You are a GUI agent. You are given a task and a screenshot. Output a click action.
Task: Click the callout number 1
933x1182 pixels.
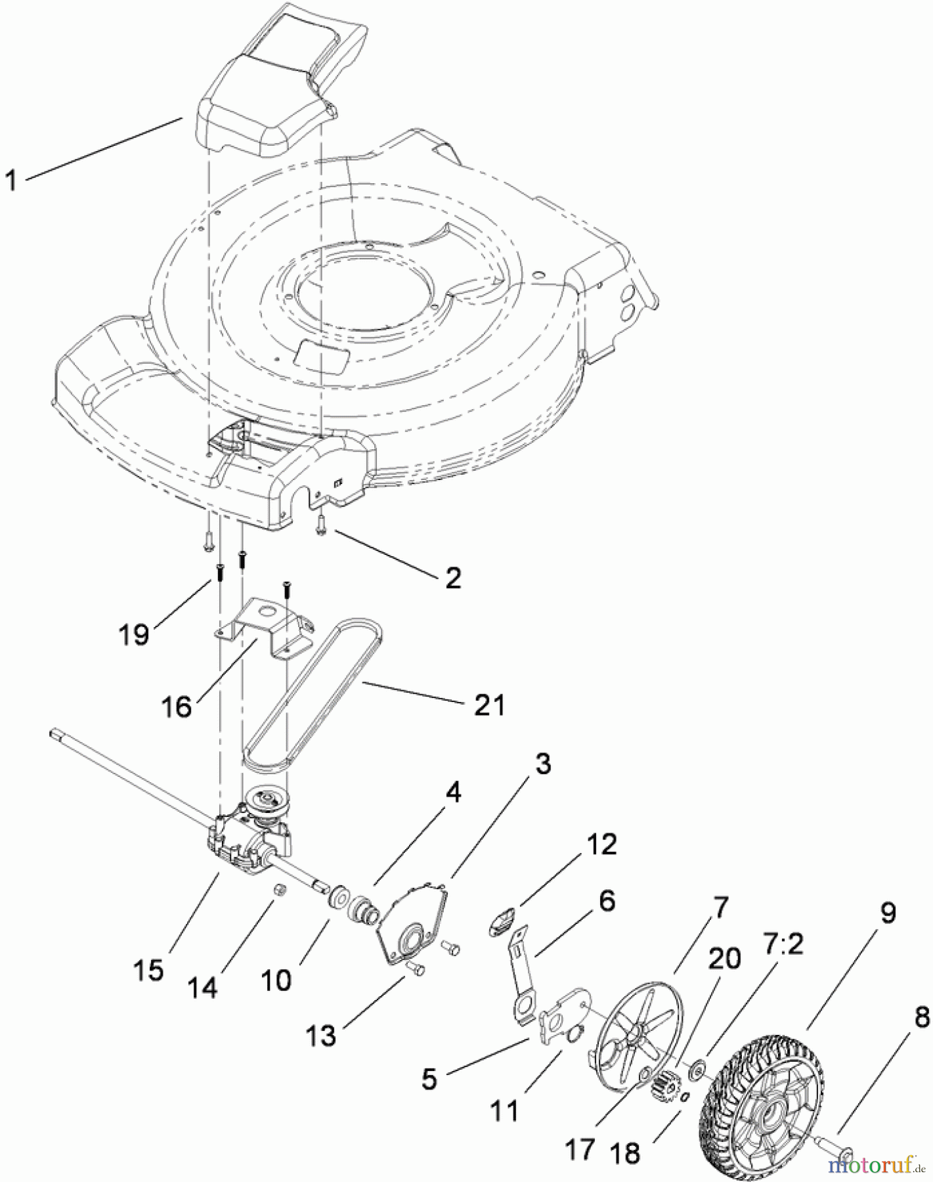click(x=11, y=179)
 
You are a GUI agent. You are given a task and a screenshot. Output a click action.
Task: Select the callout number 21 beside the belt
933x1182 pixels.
click(x=489, y=705)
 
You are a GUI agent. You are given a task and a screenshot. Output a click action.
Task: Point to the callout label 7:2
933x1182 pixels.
click(x=783, y=946)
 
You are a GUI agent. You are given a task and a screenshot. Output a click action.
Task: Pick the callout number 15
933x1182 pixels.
click(x=148, y=970)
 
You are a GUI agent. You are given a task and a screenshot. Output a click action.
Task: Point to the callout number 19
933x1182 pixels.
click(x=135, y=634)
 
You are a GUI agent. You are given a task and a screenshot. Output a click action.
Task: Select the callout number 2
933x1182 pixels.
click(x=453, y=577)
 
